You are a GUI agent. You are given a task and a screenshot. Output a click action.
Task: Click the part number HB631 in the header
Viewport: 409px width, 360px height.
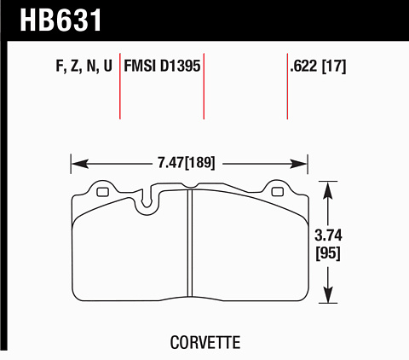tap(60, 20)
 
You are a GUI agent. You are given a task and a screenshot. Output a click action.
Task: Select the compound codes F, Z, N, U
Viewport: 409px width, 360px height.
tap(84, 66)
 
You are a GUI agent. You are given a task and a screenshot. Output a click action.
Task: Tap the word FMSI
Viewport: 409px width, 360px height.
tap(140, 66)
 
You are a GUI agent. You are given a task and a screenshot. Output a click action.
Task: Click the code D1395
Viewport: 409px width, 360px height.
tap(181, 66)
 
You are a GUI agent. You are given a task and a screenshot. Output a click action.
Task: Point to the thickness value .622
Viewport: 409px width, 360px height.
tap(303, 66)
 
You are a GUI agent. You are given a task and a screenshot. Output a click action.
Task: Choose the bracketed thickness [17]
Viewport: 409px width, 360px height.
tap(334, 66)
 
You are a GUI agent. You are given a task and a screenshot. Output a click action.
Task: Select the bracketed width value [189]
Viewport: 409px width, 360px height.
tap(200, 163)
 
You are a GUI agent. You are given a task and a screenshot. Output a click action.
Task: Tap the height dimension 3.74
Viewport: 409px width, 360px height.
tap(328, 235)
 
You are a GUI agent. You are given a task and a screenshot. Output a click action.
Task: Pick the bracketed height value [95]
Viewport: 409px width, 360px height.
tap(328, 253)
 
